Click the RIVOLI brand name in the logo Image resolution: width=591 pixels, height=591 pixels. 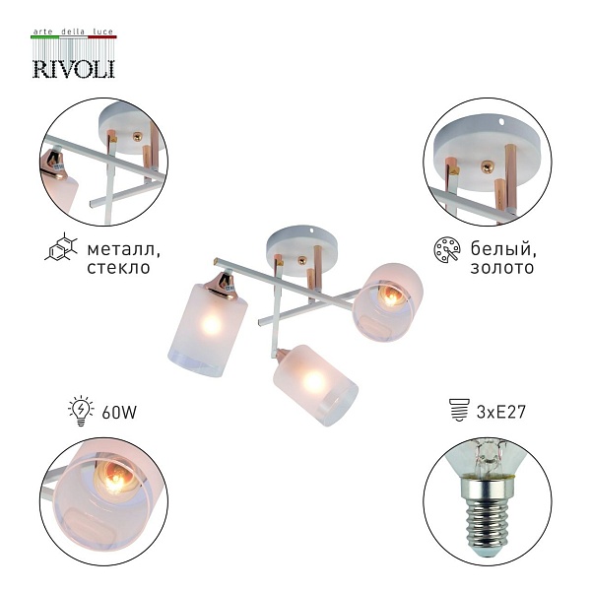click(74, 69)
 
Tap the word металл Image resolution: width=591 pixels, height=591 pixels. click(124, 249)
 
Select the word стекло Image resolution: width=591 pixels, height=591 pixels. click(119, 267)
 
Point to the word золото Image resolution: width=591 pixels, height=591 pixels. click(502, 267)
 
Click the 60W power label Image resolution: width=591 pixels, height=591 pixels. click(119, 413)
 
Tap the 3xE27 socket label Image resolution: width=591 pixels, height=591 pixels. click(501, 412)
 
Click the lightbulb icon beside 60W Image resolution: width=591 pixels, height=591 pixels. click(81, 411)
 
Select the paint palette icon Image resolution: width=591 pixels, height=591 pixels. click(447, 249)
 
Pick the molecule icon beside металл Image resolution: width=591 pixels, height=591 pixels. click(61, 247)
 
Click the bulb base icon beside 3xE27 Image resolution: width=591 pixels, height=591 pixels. click(460, 410)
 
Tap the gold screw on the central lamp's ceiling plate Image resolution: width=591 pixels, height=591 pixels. click(301, 260)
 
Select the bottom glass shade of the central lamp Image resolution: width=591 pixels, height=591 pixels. click(315, 385)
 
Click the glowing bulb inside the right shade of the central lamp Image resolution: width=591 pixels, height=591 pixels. click(390, 295)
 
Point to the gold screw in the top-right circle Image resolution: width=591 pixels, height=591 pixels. click(487, 166)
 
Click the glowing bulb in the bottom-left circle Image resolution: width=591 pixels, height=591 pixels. click(113, 477)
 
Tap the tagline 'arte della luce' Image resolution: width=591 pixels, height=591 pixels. click(73, 32)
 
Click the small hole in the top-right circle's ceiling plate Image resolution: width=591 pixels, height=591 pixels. click(501, 121)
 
